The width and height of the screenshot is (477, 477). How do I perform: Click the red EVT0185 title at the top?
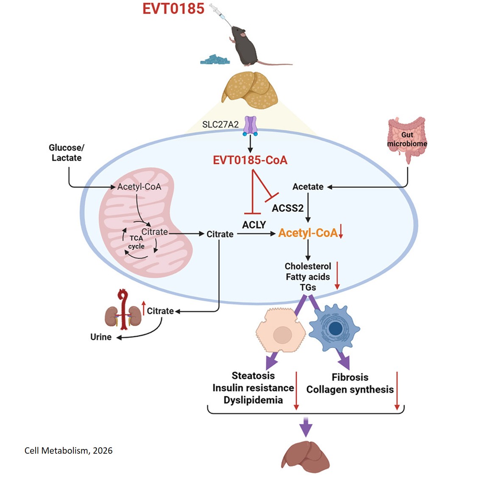tap(173, 8)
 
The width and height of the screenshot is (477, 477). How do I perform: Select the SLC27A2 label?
tap(220, 125)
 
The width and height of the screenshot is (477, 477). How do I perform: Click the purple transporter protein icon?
tap(250, 126)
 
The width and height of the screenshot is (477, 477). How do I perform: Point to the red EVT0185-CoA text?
tap(250, 160)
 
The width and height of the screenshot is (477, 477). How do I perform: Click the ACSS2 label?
tap(287, 208)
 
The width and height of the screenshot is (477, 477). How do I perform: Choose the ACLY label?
tap(254, 225)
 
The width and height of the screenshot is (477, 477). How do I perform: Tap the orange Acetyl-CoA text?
tap(308, 233)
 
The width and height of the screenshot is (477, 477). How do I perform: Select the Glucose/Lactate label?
tap(66, 153)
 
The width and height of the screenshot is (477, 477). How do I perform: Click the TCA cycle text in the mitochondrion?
tap(136, 242)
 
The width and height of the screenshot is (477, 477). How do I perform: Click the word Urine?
tap(101, 337)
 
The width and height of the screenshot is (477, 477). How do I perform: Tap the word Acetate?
tap(308, 187)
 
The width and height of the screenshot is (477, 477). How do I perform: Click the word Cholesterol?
tap(308, 266)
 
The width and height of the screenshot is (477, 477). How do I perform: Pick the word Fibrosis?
tap(350, 377)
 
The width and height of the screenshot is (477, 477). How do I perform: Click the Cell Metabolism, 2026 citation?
tap(69, 451)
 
